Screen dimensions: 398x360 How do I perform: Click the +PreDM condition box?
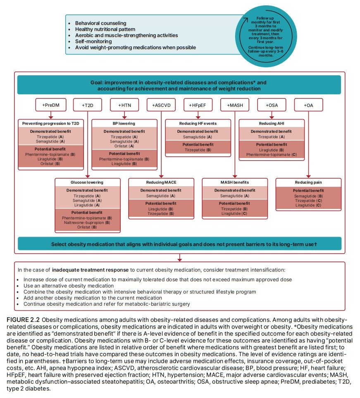51,105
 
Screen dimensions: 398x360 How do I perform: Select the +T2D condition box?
88,105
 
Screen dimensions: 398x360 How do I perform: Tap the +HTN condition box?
125,105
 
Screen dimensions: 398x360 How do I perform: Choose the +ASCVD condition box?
162,105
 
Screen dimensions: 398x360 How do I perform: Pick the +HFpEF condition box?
198,105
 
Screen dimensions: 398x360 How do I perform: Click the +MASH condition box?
235,105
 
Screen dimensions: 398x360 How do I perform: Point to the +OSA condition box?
272,105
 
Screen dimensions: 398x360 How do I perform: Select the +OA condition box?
308,105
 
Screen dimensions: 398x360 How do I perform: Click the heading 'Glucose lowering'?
88,182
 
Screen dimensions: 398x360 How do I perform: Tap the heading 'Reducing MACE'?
161,182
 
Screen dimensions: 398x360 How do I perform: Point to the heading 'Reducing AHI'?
272,123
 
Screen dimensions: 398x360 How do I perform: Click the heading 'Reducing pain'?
308,182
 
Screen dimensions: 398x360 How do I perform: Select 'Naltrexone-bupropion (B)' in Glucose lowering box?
87,222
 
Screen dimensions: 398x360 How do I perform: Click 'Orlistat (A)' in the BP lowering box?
124,146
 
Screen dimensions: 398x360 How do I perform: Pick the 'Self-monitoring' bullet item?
93,41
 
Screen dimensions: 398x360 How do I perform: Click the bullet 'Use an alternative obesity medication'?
69,285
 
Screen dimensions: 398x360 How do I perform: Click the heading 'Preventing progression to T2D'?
51,123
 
